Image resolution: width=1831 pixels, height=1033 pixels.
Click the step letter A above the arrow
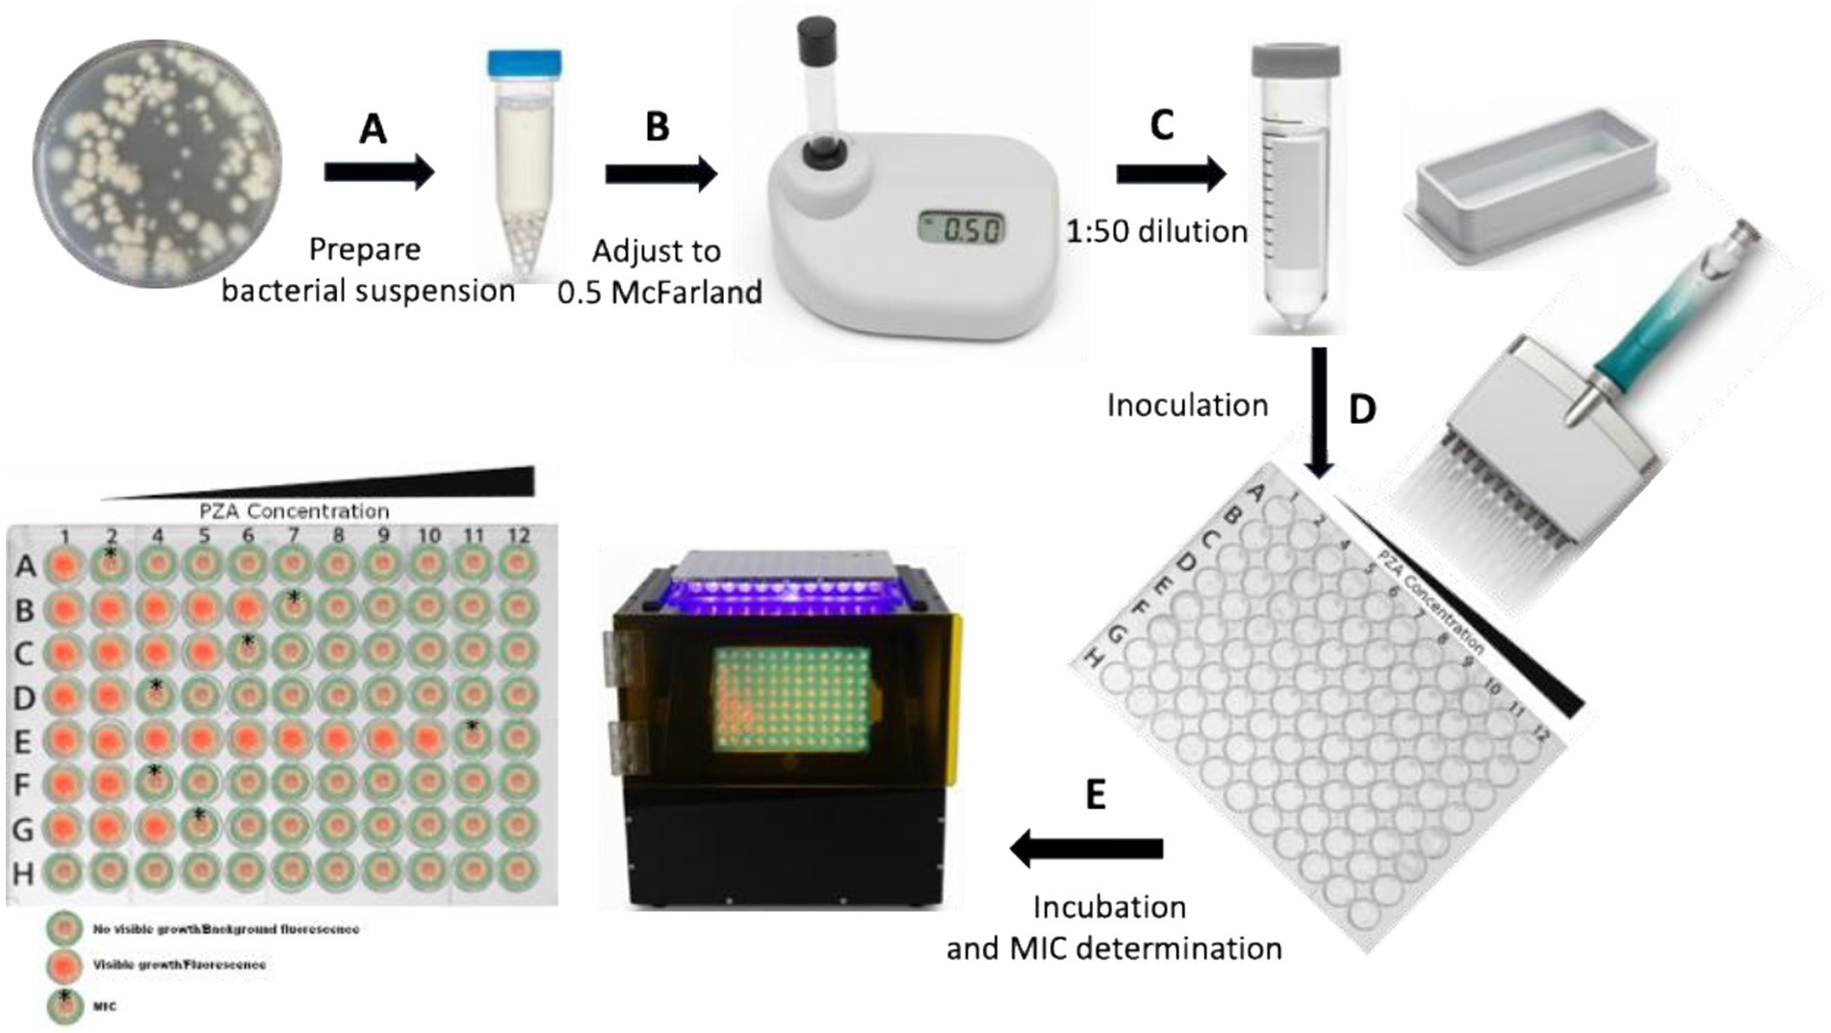pos(373,128)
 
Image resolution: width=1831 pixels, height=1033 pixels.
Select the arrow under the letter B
pos(661,174)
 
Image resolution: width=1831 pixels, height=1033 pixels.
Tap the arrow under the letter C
pos(1171,174)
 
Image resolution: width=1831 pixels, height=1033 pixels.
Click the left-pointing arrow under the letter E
pos(1086,848)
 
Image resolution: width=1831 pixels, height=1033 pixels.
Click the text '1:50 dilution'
pos(1156,232)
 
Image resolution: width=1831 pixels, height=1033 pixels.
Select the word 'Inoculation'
pos(1187,405)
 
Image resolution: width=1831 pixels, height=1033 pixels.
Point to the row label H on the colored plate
pos(23,873)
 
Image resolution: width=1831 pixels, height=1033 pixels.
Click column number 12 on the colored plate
pos(518,536)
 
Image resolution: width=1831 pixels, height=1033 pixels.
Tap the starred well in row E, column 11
pos(472,737)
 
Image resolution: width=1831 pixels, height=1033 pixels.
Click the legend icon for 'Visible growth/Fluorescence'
pos(65,965)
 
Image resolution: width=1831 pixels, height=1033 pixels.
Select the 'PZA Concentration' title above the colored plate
pos(295,510)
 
